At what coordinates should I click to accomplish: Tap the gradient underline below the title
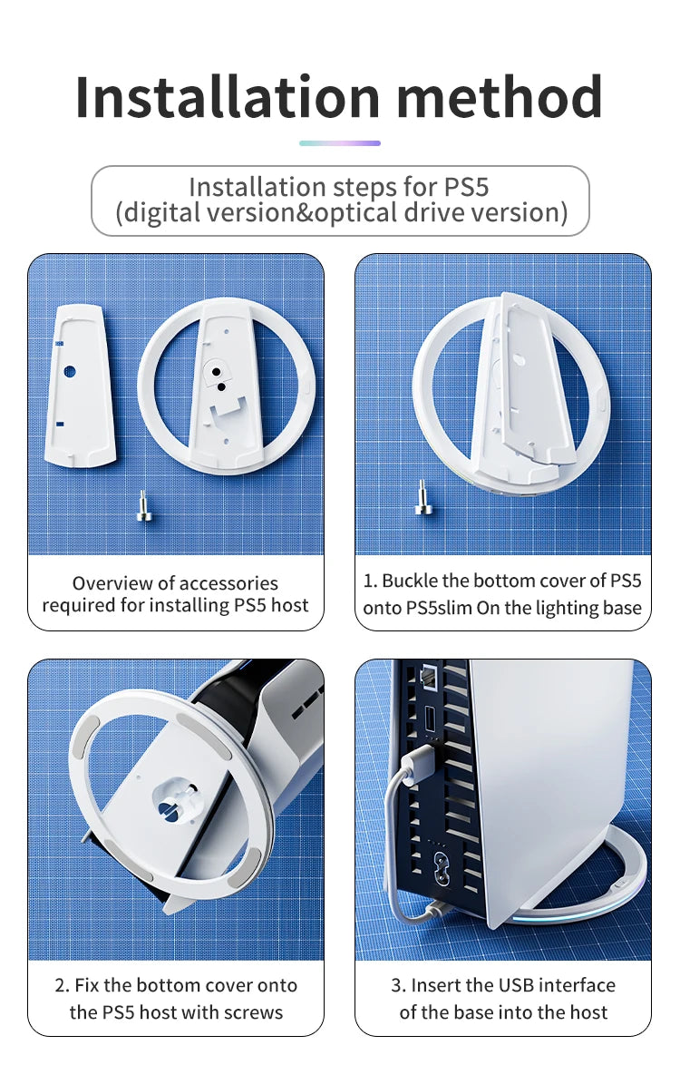point(339,142)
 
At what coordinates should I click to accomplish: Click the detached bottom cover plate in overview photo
point(80,385)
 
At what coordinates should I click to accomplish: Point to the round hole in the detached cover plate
point(70,371)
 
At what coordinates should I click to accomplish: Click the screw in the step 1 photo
point(422,498)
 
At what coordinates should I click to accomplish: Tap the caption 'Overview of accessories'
point(175,583)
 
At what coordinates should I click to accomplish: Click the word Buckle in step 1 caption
point(412,581)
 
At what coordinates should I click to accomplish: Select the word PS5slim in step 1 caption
point(418,608)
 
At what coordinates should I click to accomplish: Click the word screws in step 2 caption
point(254,1012)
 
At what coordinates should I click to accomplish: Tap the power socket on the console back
point(441,861)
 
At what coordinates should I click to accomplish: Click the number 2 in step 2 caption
point(62,985)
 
